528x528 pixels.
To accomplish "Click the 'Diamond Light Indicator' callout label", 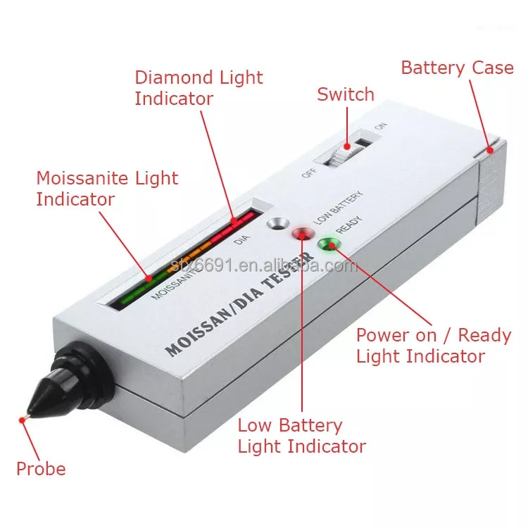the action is [199, 87].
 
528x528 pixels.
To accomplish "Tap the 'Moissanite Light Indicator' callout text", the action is [107, 188].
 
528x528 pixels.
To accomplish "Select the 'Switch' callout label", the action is [346, 94].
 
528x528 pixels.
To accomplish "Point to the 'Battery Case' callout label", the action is [457, 68].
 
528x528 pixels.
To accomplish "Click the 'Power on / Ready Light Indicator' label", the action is [434, 345].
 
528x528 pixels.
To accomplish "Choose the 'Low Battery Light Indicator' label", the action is [301, 435].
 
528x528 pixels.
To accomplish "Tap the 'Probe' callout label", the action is [41, 469].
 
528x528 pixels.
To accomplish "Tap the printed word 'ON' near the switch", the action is [381, 127].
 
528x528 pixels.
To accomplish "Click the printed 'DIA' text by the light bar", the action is [241, 239].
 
